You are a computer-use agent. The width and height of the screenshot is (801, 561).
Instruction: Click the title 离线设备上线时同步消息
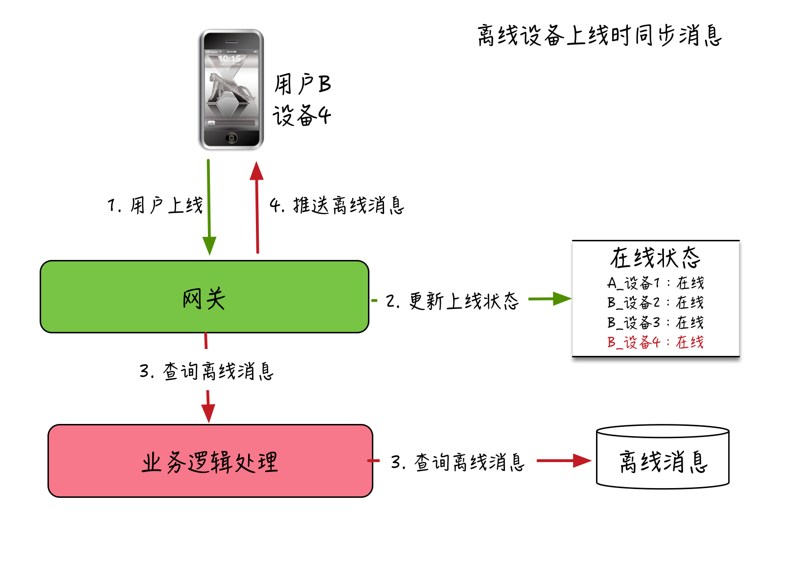pyautogui.click(x=599, y=36)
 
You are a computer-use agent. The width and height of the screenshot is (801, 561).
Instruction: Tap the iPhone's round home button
pyautogui.click(x=232, y=138)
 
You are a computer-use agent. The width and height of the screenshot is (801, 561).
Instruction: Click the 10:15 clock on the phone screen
pyautogui.click(x=229, y=59)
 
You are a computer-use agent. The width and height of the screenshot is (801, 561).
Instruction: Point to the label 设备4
pyautogui.click(x=302, y=116)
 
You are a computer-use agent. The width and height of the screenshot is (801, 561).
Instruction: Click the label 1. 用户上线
pyautogui.click(x=155, y=206)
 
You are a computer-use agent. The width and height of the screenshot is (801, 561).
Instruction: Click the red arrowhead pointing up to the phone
pyautogui.click(x=256, y=171)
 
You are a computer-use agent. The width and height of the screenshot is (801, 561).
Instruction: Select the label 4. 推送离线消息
pyautogui.click(x=337, y=206)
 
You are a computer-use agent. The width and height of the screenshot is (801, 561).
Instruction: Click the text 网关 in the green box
pyautogui.click(x=204, y=299)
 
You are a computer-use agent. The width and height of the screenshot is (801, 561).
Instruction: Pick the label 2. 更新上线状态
pyautogui.click(x=452, y=301)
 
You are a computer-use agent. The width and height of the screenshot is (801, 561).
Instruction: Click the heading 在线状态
pyautogui.click(x=655, y=258)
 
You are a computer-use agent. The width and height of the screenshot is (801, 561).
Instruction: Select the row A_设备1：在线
pyautogui.click(x=656, y=283)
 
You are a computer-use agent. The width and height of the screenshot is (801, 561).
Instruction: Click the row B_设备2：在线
pyautogui.click(x=656, y=303)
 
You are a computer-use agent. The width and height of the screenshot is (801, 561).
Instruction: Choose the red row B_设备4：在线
pyautogui.click(x=656, y=342)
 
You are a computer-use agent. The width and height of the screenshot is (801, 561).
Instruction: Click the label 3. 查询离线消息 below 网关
pyautogui.click(x=206, y=371)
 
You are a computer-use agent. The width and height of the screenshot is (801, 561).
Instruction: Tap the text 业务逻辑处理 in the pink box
pyautogui.click(x=210, y=462)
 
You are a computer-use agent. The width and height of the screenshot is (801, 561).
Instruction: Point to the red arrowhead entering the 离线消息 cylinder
pyautogui.click(x=582, y=461)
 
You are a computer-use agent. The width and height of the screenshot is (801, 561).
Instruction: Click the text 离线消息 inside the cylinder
pyautogui.click(x=663, y=462)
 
